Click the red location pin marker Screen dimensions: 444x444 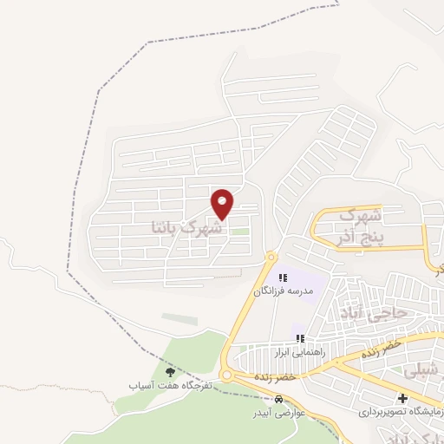tap(223, 204)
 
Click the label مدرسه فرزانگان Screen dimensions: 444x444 tap(281, 291)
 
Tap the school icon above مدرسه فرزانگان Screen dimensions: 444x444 tap(282, 277)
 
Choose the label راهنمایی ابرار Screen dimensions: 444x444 tap(299, 353)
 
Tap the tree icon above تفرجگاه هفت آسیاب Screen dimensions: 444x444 tap(169, 371)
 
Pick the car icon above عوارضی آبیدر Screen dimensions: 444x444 tap(278, 400)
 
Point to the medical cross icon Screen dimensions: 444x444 tap(402, 397)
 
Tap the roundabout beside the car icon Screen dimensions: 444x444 tap(227, 375)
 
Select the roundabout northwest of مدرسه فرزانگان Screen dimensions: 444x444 tap(270, 257)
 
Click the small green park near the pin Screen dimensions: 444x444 tap(238, 231)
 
